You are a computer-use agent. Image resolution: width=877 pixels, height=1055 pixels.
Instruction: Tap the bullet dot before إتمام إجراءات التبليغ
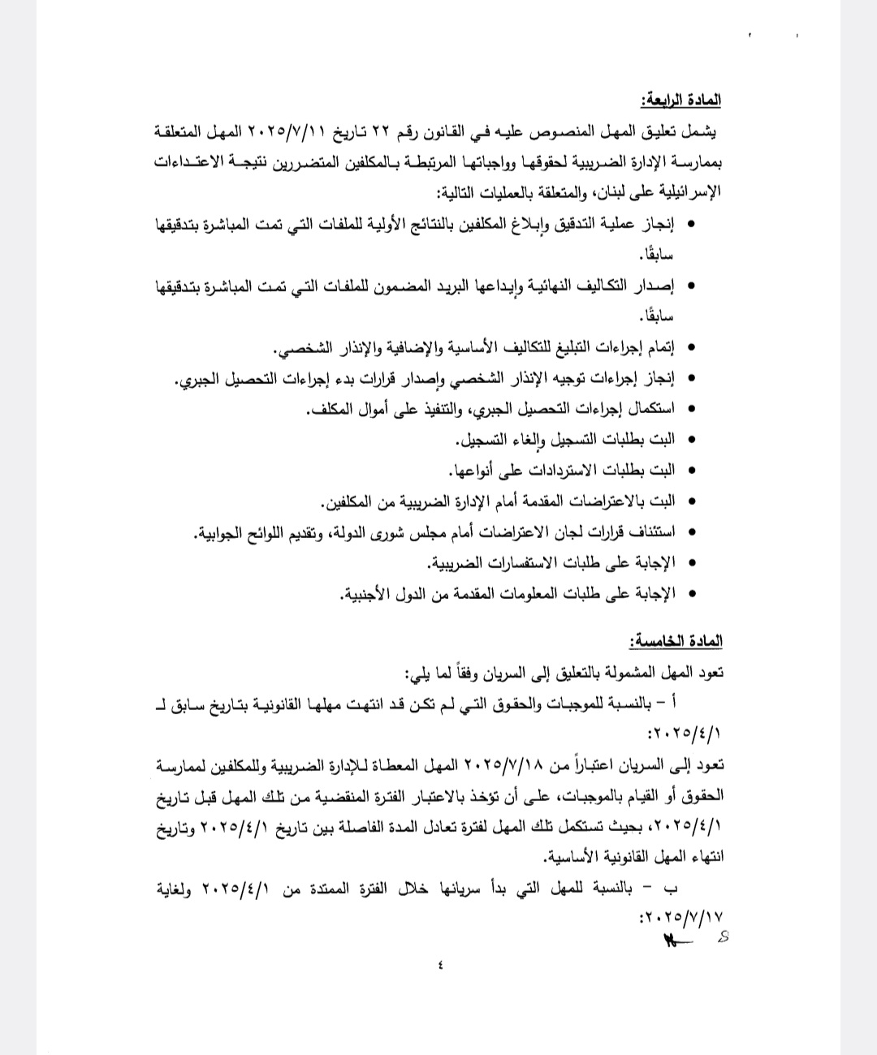[691, 348]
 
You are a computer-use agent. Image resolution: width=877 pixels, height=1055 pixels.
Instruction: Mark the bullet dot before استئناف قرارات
[691, 532]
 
